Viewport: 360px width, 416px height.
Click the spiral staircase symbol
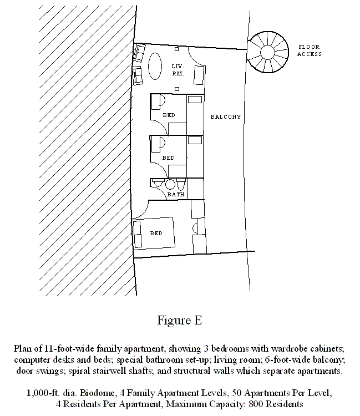(x=268, y=52)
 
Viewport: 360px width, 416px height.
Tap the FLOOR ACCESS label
(x=310, y=50)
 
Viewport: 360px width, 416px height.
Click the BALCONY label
(x=226, y=116)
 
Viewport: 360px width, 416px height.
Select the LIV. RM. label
(x=178, y=70)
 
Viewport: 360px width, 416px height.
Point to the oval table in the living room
(x=155, y=66)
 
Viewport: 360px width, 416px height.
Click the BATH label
(x=176, y=195)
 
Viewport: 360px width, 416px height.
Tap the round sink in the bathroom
(x=170, y=184)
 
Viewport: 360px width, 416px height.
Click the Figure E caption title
(x=180, y=320)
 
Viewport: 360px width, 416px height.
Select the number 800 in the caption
(x=256, y=404)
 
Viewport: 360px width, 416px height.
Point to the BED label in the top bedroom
(x=169, y=115)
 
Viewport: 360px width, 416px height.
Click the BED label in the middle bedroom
(x=169, y=158)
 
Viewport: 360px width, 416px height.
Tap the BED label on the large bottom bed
(x=156, y=233)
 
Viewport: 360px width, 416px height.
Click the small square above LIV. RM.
(x=177, y=49)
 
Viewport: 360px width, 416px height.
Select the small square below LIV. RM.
(x=177, y=89)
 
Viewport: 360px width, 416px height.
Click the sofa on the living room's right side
(x=199, y=75)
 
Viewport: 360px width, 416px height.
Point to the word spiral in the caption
(x=77, y=371)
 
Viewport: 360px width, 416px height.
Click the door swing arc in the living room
(x=195, y=57)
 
